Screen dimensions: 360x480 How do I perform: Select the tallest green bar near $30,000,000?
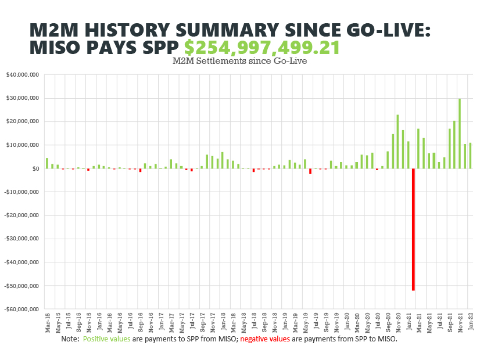459,134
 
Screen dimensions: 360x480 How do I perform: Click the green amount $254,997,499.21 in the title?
262,48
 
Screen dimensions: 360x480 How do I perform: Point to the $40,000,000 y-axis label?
23,75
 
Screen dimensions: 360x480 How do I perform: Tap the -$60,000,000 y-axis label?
22,309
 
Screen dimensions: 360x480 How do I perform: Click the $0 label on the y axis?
35,169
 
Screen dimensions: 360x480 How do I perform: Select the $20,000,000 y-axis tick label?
23,122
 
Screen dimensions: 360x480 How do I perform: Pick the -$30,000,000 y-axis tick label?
22,239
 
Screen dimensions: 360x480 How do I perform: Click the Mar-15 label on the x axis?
47,322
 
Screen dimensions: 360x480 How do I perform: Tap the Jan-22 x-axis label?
470,322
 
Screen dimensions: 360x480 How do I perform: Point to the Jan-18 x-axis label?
223,322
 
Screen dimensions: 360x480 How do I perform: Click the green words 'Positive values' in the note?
107,339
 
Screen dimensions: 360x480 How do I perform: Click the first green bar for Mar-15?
47,163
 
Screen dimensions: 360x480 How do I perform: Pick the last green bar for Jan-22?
470,156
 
